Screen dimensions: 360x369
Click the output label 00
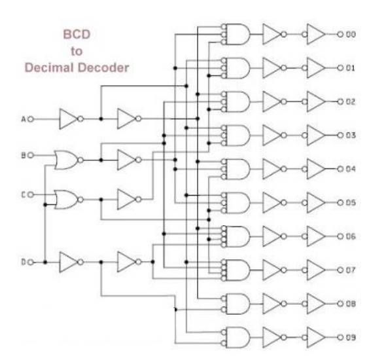[351, 33]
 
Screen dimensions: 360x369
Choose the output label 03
[351, 135]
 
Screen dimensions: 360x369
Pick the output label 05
[351, 202]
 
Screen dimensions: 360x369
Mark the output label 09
[351, 338]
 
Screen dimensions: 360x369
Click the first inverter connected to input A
[69, 118]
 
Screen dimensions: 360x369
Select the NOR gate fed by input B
[67, 157]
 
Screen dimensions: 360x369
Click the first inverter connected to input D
[69, 262]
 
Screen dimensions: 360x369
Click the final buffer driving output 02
[316, 101]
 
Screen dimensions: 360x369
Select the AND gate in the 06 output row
[237, 236]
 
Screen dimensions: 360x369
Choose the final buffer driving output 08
[316, 304]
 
